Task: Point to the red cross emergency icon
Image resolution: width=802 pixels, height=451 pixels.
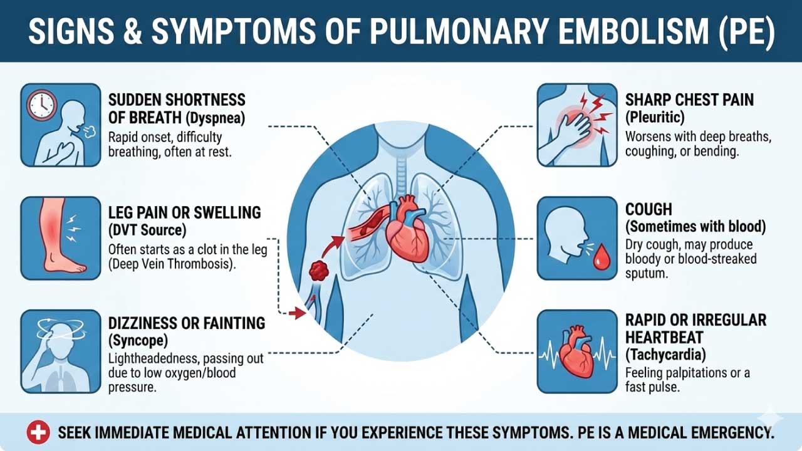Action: (38, 432)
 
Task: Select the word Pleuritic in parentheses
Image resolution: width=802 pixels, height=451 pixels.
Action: (655, 118)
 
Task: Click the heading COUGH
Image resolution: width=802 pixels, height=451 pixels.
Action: (648, 209)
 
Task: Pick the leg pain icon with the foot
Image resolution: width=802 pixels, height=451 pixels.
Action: (61, 238)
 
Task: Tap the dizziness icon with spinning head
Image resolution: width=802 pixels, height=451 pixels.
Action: (61, 351)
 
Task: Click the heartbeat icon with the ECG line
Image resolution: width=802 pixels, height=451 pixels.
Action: (577, 351)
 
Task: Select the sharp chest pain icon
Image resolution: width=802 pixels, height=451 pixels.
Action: (577, 125)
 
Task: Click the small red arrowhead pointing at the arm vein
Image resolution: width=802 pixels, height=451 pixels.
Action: (296, 312)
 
